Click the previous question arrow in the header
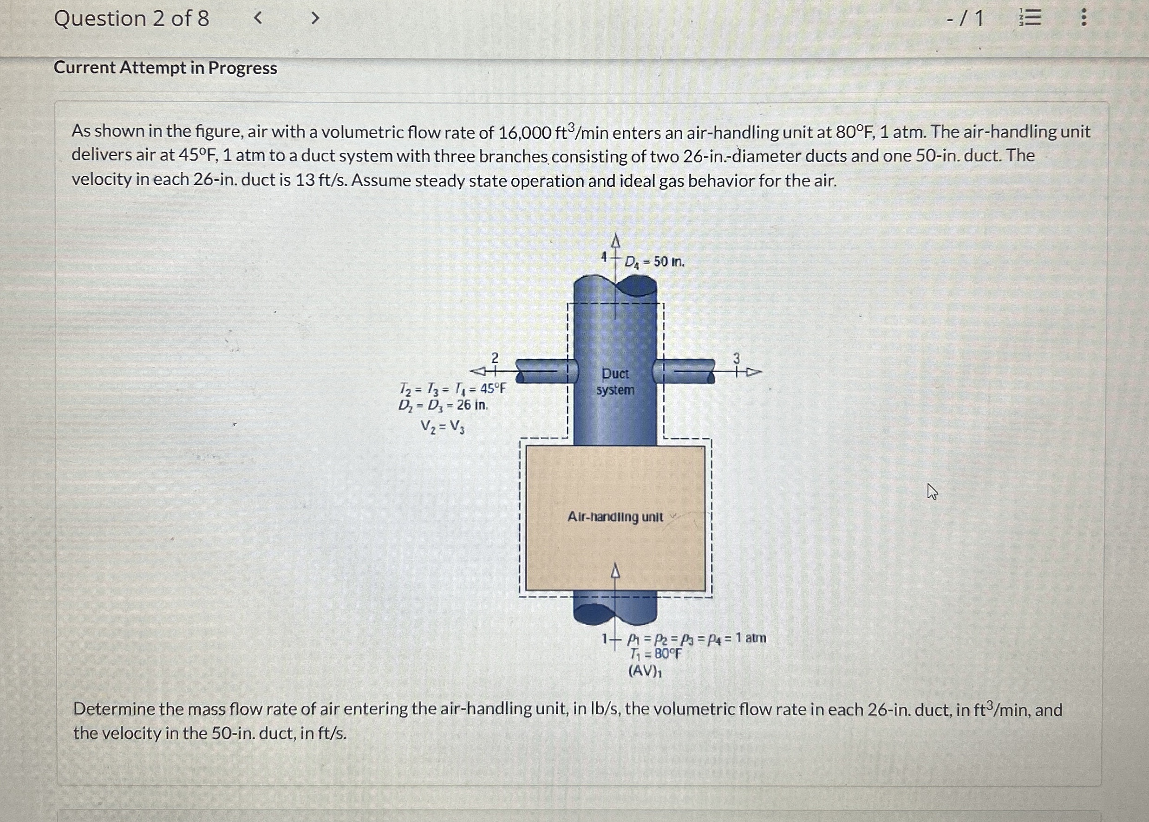[x=258, y=19]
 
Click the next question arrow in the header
[x=315, y=19]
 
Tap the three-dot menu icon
[x=1083, y=18]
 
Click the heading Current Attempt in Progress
[x=166, y=68]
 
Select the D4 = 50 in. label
[x=654, y=262]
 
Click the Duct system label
[x=615, y=382]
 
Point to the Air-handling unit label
[x=615, y=517]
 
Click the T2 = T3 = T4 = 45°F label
[x=452, y=389]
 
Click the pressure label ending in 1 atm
[x=696, y=638]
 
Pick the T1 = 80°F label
[x=655, y=654]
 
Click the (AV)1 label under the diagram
[x=645, y=671]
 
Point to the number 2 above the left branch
[x=495, y=358]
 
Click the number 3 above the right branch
[x=736, y=358]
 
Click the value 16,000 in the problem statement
[x=525, y=133]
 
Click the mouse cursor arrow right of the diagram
[x=932, y=491]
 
